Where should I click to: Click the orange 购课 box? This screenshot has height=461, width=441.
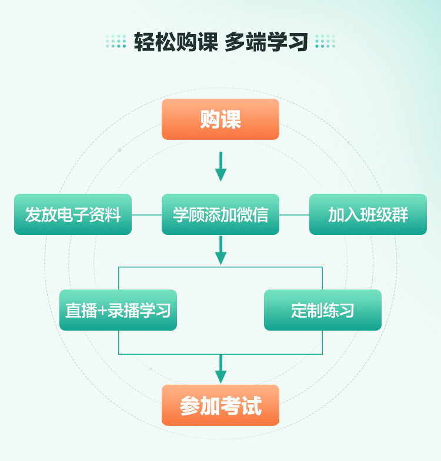coord(220,119)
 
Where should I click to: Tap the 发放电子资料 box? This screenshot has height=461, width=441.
coord(73,214)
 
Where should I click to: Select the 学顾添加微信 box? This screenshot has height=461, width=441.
coord(220,214)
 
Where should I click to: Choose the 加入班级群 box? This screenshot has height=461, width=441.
coord(368,214)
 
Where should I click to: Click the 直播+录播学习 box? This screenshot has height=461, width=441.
coord(118,310)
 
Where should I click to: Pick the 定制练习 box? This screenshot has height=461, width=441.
coord(323,310)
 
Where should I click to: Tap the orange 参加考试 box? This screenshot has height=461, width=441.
coord(220,405)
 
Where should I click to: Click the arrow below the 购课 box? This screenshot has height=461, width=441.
coord(220,167)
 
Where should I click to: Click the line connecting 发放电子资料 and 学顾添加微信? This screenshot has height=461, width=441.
coord(146,215)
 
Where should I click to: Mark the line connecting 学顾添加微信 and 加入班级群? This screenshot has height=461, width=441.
coord(294,215)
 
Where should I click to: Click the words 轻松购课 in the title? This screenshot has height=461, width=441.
coord(176,42)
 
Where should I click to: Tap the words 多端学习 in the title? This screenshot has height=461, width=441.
coord(266,42)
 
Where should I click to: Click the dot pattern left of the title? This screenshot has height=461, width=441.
coord(116,42)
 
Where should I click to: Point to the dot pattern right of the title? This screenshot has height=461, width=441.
coord(325,42)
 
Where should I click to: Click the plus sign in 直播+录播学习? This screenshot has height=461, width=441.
coord(102,311)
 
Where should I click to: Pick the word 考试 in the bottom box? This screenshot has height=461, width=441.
coord(241,406)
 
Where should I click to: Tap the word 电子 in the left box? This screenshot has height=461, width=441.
coord(73,215)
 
